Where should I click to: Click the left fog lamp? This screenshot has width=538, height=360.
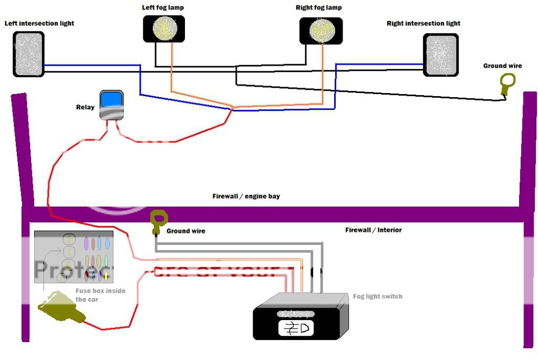[x=164, y=28]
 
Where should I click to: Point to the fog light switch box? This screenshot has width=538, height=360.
[x=299, y=318]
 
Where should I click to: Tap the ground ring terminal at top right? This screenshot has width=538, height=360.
[x=507, y=83]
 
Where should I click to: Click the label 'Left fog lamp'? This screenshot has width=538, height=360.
[x=163, y=8]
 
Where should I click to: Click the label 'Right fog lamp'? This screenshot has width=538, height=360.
[x=318, y=8]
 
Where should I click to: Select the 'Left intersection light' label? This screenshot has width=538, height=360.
[x=39, y=24]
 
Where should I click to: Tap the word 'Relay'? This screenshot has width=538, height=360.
[x=85, y=107]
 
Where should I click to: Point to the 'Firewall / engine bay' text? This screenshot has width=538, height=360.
[x=246, y=197]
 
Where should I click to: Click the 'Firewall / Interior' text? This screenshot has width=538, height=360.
[x=374, y=230]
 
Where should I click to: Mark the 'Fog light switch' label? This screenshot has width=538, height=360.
[x=377, y=296]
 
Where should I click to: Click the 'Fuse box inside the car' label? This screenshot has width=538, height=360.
[x=100, y=295]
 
